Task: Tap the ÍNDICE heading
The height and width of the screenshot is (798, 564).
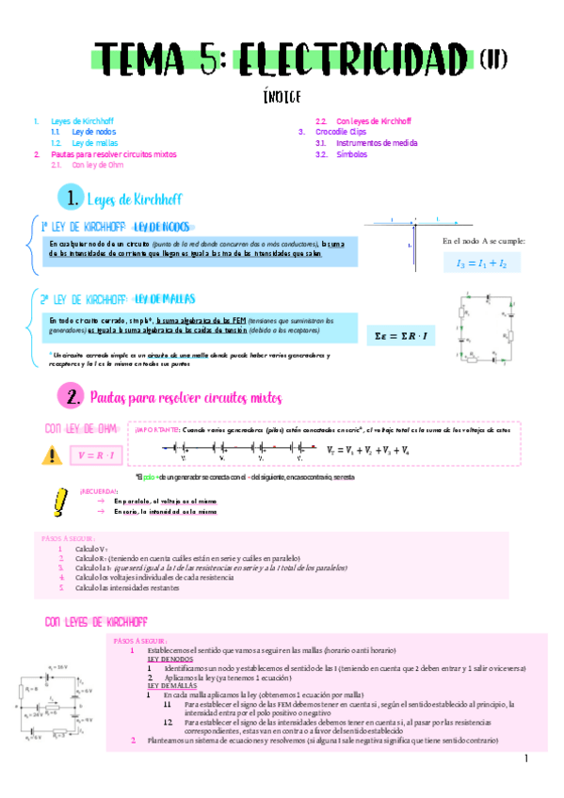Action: tap(282, 96)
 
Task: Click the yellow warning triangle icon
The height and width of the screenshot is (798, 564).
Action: tap(50, 455)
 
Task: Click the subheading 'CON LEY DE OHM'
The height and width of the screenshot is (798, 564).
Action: tap(81, 429)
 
